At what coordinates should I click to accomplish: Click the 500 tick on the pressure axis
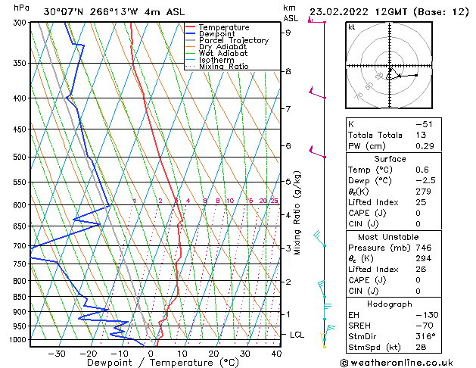click(17, 157)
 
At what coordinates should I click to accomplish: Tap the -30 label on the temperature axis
click(56, 353)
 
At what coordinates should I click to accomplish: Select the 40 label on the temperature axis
click(276, 353)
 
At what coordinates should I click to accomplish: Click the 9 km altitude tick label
click(288, 33)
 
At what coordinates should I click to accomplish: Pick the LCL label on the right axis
click(297, 334)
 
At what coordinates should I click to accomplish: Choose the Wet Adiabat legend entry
click(223, 54)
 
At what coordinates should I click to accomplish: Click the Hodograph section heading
click(389, 303)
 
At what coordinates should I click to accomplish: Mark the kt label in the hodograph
click(352, 27)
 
